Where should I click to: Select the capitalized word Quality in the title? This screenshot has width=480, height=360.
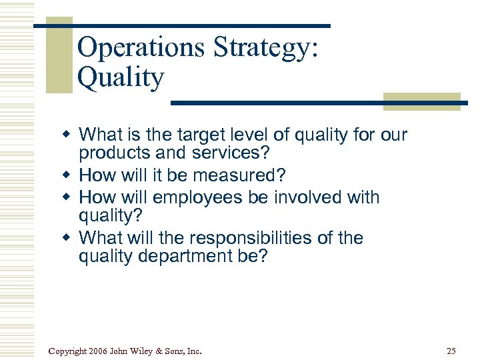(x=120, y=78)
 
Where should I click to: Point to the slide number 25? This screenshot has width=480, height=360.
(x=451, y=351)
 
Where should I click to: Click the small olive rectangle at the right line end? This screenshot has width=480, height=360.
(x=422, y=101)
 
